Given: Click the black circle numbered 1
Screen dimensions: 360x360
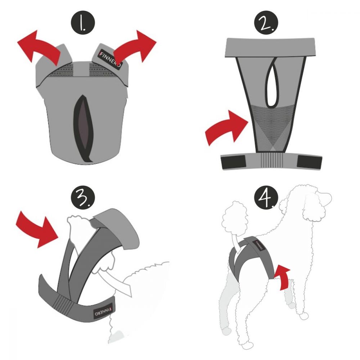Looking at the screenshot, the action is [x=83, y=22].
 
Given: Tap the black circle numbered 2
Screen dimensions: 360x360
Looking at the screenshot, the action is [x=266, y=22].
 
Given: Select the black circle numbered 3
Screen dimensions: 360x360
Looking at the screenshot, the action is [x=83, y=197].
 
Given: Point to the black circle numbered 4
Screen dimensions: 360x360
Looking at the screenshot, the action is [x=266, y=197].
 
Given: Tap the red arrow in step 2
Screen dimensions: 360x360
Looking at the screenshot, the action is [x=226, y=129].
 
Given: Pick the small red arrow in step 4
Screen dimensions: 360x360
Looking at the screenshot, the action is [x=283, y=276].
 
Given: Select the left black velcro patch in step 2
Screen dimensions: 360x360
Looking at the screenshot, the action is [x=233, y=161].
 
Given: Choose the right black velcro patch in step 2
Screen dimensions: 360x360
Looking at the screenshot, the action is [x=309, y=162].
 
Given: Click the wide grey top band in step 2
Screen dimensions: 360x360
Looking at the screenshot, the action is [x=270, y=47].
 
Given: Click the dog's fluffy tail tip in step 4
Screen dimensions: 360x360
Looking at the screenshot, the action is [x=235, y=217].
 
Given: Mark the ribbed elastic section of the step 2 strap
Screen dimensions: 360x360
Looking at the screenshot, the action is [x=272, y=160].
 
